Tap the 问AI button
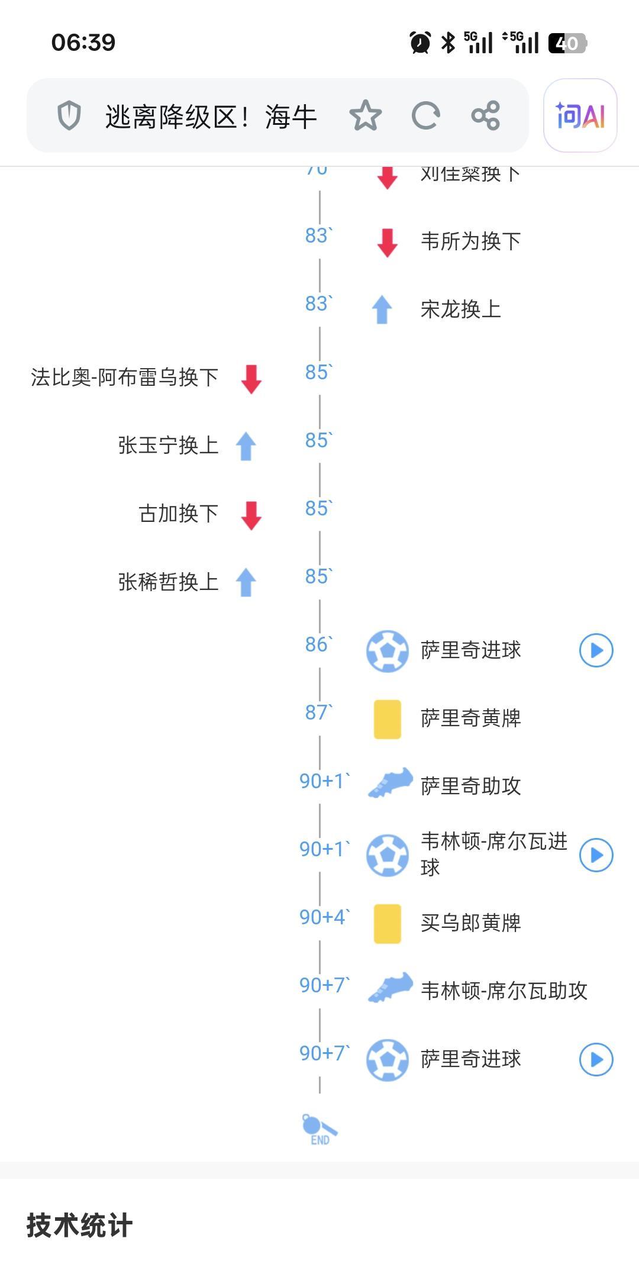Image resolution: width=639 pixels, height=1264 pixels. [x=580, y=115]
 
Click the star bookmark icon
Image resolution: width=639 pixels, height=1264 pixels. [x=365, y=115]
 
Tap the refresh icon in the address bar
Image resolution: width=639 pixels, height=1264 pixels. [x=425, y=115]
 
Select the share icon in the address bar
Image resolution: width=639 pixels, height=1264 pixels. [x=486, y=115]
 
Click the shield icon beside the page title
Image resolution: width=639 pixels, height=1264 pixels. [x=69, y=115]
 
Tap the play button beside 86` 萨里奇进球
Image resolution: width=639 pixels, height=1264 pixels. [x=596, y=650]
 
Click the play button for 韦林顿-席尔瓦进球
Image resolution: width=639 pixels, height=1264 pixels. [x=596, y=855]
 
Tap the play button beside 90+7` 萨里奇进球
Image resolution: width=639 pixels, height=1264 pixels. [x=596, y=1059]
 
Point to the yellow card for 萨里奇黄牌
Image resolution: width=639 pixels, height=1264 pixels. [x=388, y=719]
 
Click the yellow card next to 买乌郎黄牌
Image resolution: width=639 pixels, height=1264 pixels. [x=388, y=923]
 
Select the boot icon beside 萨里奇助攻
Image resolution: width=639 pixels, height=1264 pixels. [x=390, y=783]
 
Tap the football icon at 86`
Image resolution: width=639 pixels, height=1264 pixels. [x=388, y=651]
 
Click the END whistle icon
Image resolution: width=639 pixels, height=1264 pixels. [x=319, y=1129]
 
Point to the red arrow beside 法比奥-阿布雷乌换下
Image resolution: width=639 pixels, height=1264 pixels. [x=251, y=379]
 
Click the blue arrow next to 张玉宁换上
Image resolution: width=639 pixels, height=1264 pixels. [x=246, y=446]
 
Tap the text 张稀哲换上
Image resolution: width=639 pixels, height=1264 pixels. [x=168, y=582]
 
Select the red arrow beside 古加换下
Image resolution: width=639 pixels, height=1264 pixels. [x=251, y=515]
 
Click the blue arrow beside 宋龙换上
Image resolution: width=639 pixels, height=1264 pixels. [x=382, y=309]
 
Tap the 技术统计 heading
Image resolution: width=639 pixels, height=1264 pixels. [x=79, y=1225]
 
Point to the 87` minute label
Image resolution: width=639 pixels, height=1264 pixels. [x=318, y=712]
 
